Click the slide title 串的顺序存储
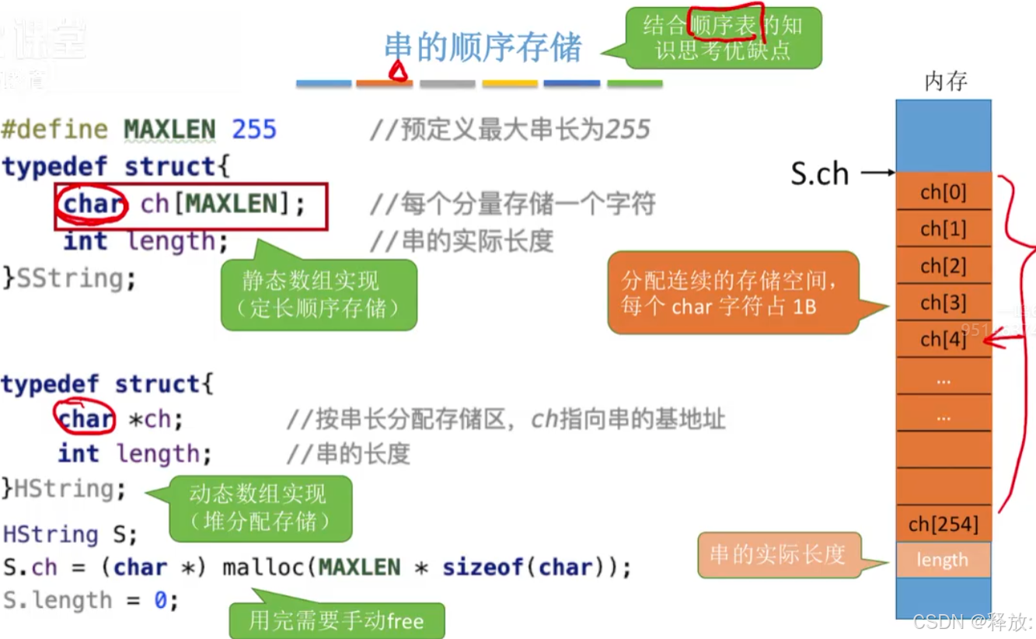coord(483,47)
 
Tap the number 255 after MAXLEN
coord(254,129)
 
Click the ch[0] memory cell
coord(943,192)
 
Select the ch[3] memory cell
coord(943,302)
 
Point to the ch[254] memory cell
coord(943,524)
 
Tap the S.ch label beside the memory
coord(819,174)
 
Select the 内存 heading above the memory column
coord(945,82)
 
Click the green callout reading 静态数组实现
coord(319,294)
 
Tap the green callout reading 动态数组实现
coord(260,508)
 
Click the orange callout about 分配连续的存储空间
coord(734,293)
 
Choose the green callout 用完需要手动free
coord(337,620)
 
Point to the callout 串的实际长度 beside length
coord(777,554)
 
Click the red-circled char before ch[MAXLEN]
coord(93,204)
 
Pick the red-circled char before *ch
coord(85,419)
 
